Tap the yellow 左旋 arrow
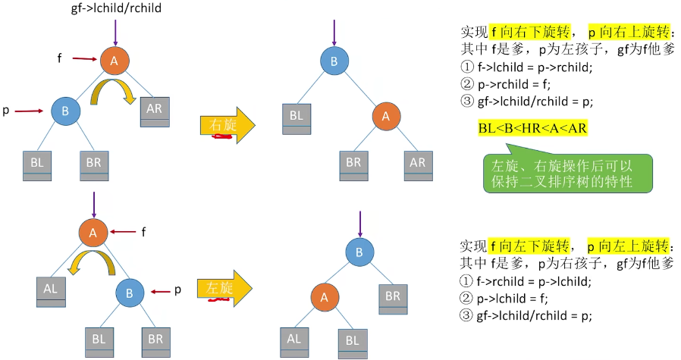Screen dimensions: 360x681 tap(226, 289)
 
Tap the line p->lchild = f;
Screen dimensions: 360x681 tap(507, 298)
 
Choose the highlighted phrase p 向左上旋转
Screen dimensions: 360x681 tap(629, 247)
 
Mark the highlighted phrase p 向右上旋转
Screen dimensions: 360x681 tap(629, 33)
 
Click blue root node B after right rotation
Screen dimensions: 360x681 tap(332, 60)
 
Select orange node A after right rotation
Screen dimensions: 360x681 tap(385, 116)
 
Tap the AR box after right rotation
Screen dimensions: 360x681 tap(418, 164)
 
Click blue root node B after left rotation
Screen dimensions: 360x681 tap(359, 251)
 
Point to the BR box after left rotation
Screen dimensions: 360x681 tap(391, 299)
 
